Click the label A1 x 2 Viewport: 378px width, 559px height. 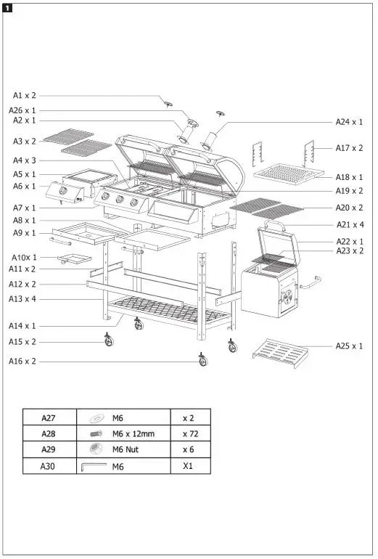24,95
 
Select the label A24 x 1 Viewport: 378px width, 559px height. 349,122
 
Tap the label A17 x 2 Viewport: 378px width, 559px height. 349,148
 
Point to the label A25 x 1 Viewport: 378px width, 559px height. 349,346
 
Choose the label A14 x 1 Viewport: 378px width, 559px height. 22,326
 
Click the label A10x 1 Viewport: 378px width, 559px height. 24,257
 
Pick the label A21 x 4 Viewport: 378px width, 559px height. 349,225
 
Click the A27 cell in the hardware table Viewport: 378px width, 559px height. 49,417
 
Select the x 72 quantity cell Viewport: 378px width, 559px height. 190,433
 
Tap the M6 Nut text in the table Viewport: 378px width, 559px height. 126,450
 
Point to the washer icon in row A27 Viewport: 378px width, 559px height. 96,418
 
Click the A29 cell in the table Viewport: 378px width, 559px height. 49,450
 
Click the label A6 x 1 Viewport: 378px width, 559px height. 24,187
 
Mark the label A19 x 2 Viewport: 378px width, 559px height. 349,191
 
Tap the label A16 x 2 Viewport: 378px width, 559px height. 22,362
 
